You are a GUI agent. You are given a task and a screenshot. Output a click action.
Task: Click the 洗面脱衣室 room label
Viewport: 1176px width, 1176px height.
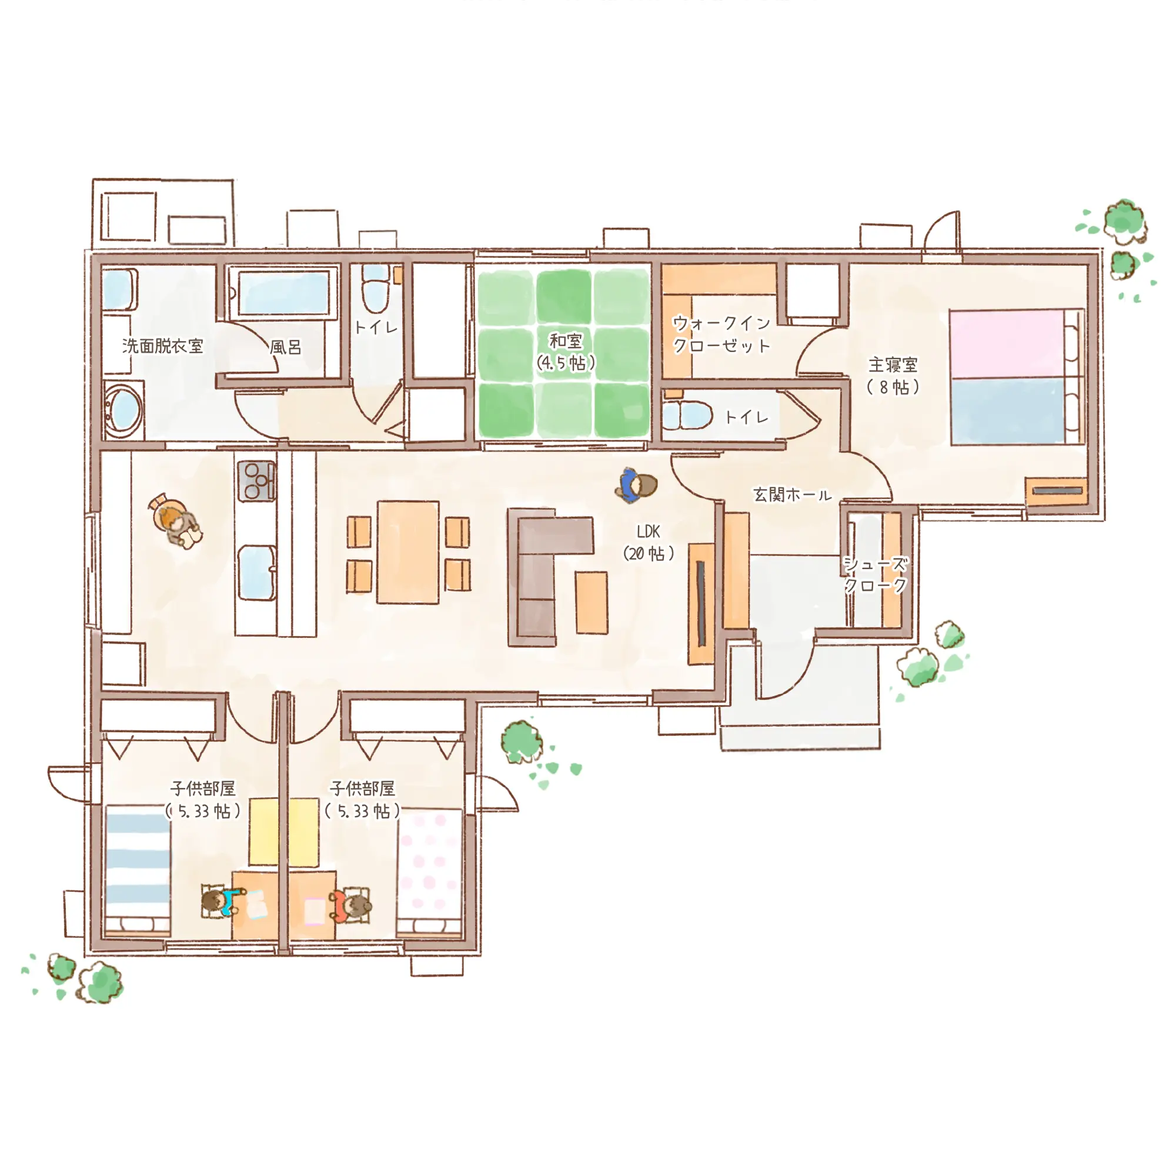[x=162, y=346]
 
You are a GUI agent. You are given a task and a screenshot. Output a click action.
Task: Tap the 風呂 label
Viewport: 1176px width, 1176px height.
[x=286, y=347]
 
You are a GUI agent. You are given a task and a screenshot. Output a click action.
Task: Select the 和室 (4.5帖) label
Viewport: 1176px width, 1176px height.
[x=566, y=352]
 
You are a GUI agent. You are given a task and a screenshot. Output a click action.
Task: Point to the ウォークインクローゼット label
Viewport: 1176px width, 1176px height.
[x=722, y=334]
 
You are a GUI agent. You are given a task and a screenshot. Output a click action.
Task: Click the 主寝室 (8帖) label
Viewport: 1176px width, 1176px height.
[x=893, y=376]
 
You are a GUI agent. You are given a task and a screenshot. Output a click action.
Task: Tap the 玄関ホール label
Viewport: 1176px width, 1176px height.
[x=792, y=495]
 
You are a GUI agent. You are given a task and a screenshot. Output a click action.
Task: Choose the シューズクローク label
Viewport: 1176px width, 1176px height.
[x=876, y=574]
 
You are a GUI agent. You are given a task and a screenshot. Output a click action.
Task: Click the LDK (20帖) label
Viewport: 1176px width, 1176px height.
[x=648, y=542]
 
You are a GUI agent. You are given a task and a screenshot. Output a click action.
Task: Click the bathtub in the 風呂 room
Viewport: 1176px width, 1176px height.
[x=283, y=293]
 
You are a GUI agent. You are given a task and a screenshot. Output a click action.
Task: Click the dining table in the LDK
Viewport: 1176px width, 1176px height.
[x=408, y=552]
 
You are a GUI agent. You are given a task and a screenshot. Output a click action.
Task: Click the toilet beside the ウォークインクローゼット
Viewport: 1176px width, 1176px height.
[x=689, y=416]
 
